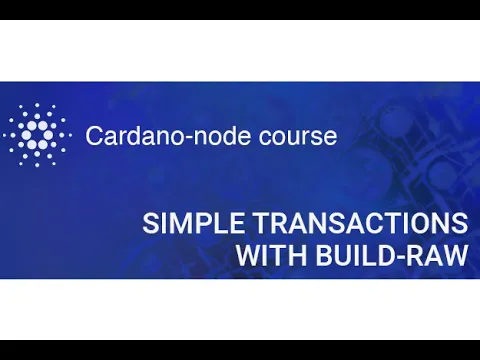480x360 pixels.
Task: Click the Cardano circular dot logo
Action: pyautogui.click(x=38, y=134)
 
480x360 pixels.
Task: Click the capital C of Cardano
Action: pyautogui.click(x=94, y=135)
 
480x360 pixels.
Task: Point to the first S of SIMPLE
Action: pyautogui.click(x=150, y=223)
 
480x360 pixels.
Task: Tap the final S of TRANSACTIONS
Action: pyautogui.click(x=459, y=223)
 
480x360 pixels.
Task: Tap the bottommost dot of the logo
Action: pyautogui.click(x=38, y=166)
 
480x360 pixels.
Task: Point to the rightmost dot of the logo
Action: pyautogui.click(x=69, y=134)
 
